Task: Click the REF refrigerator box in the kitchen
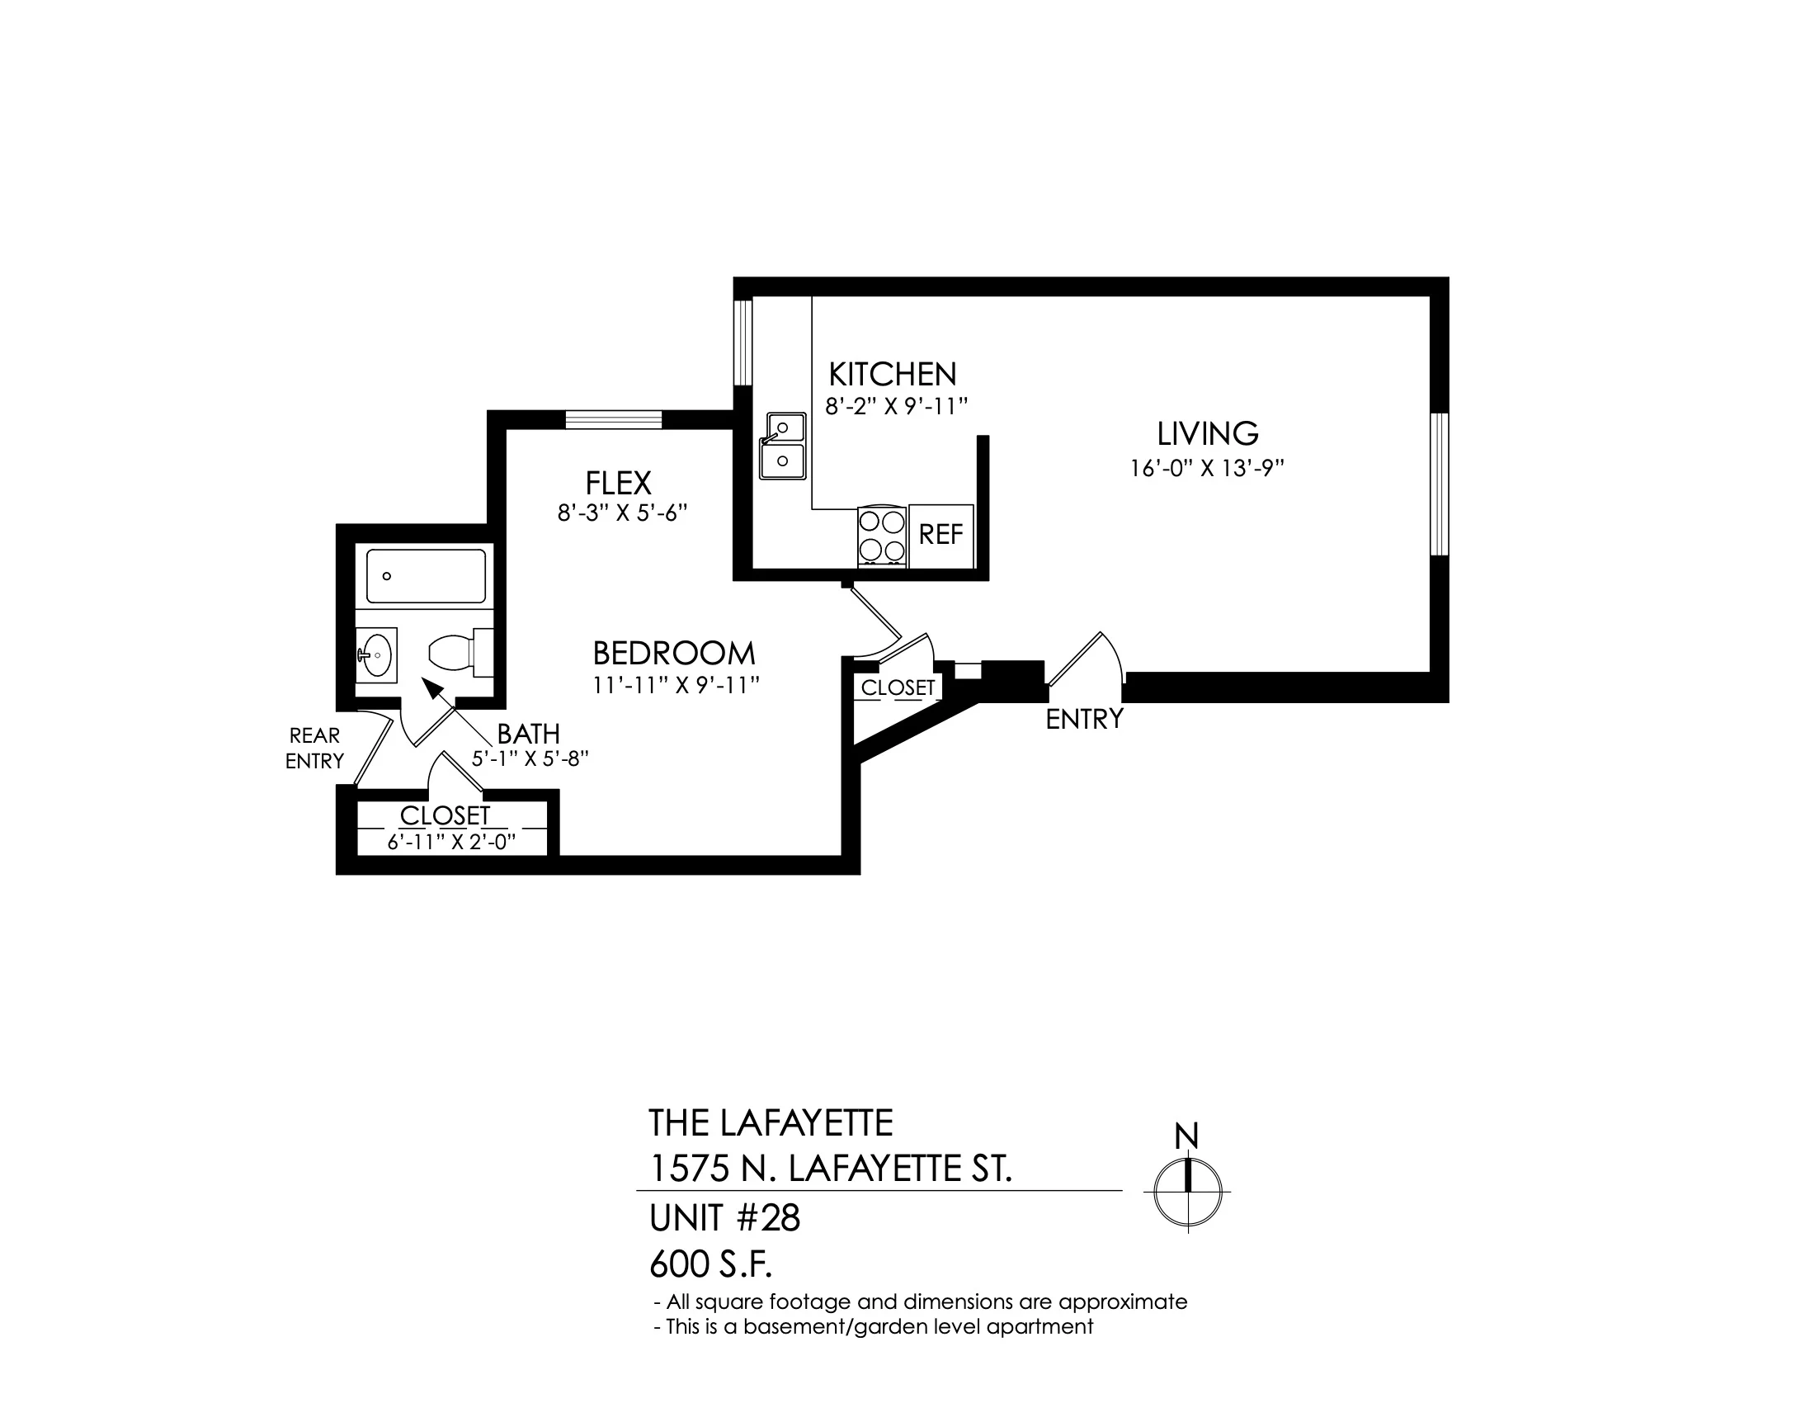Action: point(941,536)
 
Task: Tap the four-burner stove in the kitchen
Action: point(882,536)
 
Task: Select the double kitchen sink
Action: point(782,446)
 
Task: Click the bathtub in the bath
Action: point(427,575)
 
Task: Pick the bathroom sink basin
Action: point(376,655)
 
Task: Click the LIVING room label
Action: point(1208,434)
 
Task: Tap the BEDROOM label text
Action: point(674,654)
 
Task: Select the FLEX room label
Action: point(618,483)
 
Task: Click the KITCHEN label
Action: point(893,375)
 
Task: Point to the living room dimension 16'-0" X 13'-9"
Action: point(1207,469)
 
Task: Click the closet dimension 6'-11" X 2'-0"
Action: point(452,842)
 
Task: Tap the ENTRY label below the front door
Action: point(1085,719)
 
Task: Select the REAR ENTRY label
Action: point(314,748)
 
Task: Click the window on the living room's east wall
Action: point(1440,484)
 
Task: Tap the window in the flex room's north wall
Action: point(613,420)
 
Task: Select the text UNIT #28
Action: point(724,1218)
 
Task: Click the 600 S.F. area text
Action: point(711,1265)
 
